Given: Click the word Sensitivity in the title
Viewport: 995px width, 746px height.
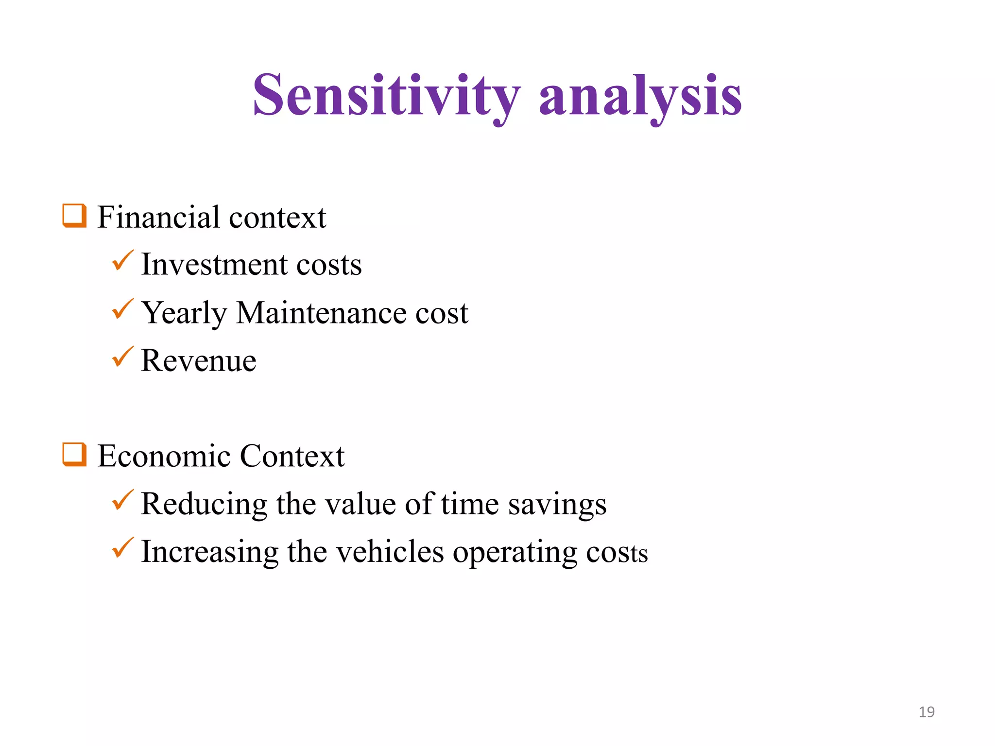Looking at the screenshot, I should click(386, 96).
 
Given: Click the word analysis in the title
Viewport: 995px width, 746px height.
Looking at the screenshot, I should click(640, 96).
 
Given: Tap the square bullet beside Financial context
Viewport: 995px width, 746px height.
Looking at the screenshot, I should click(74, 216).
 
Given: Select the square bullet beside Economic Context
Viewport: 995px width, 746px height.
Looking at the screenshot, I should click(74, 455).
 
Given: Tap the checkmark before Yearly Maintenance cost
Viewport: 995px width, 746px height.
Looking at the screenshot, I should click(122, 309).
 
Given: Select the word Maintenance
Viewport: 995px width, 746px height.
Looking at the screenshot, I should click(321, 313).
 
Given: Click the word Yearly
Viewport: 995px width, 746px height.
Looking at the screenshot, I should click(184, 314).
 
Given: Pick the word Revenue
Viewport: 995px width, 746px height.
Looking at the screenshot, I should click(199, 361).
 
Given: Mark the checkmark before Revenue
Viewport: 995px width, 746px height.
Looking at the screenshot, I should click(122, 357).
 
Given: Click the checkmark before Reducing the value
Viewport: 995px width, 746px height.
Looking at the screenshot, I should click(122, 500).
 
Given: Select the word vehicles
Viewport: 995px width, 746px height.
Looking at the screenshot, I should click(390, 552).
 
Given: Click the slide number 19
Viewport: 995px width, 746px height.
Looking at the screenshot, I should click(926, 712).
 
